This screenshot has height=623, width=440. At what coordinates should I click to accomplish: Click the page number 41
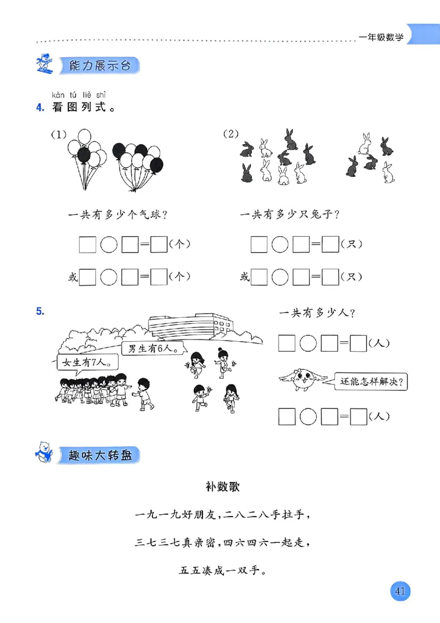pos(399,592)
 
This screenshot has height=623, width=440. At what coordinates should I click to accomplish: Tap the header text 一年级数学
pos(381,37)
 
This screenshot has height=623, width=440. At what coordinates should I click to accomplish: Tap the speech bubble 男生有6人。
pos(152,349)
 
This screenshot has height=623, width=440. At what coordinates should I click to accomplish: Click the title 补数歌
pos(220,487)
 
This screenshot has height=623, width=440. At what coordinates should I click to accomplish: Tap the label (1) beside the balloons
pos(58,134)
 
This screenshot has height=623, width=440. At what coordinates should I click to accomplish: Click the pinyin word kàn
pos(59,94)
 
